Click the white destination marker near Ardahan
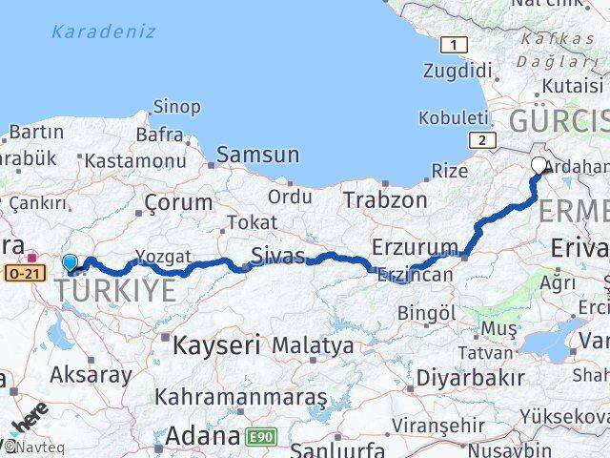[539, 166]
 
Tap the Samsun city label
[257, 155]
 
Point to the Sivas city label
[278, 255]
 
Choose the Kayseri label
[216, 344]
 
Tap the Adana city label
[202, 437]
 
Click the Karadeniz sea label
[102, 31]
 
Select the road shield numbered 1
[454, 45]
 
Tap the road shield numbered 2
[483, 140]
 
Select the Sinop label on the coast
[177, 107]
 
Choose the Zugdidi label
[460, 72]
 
